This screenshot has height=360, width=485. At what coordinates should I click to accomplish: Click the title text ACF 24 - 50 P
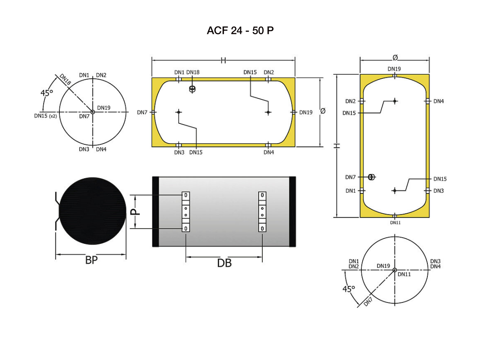tap(240, 31)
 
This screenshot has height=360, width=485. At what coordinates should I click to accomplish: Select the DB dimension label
tap(224, 263)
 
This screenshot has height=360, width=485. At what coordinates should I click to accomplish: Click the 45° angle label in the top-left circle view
tap(47, 93)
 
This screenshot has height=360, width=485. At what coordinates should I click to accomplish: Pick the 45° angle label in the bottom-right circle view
tap(349, 289)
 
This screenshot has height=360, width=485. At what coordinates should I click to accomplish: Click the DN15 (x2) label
tap(45, 116)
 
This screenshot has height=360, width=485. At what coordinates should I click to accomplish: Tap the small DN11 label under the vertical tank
tap(395, 222)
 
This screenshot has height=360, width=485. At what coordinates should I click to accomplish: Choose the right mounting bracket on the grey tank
tap(262, 212)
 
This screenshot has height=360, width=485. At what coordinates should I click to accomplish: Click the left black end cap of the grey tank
tap(156, 211)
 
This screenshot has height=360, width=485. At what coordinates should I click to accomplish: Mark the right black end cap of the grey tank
tap(292, 211)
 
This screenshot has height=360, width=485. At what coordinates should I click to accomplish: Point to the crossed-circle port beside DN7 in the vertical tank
tap(371, 177)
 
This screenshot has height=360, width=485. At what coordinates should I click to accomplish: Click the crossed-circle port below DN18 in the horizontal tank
tap(193, 89)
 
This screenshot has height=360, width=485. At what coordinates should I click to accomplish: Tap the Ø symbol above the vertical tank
tap(395, 57)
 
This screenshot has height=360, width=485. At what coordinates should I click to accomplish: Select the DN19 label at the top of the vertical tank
tap(394, 69)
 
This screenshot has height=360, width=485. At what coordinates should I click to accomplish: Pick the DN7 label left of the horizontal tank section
tap(142, 112)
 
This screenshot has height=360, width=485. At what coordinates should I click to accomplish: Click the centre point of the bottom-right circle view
tap(395, 270)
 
